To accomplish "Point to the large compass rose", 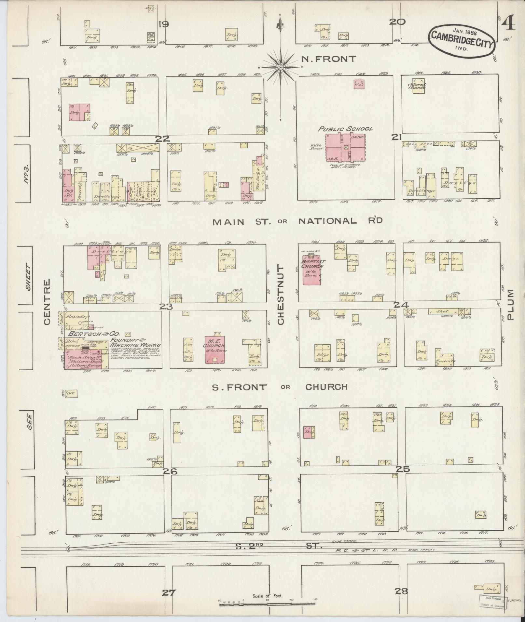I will point(280,67).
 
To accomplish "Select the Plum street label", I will point(510,304).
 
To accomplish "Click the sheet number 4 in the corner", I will point(508,24).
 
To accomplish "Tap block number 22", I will point(162,139).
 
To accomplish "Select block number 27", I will point(170,592).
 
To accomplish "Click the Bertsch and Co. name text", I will point(93,334).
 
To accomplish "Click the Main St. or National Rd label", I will point(297,221).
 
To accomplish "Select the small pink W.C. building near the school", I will point(359,84).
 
